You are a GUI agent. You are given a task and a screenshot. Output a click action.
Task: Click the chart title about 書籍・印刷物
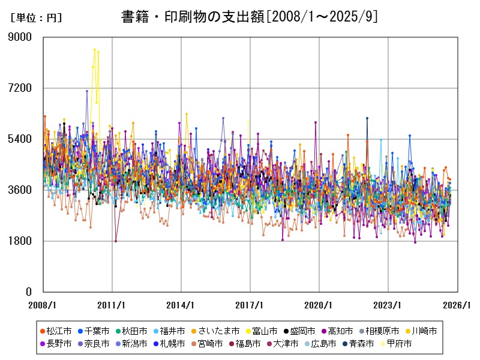click(x=249, y=17)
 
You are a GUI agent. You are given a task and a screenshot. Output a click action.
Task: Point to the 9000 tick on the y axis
click(x=20, y=37)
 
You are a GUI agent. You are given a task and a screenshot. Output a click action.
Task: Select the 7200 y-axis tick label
click(x=20, y=88)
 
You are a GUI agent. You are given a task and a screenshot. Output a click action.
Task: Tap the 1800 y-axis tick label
click(x=20, y=241)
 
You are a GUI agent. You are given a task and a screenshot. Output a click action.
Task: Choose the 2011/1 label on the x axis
click(x=112, y=305)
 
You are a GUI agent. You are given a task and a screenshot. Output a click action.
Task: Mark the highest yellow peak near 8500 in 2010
click(x=95, y=50)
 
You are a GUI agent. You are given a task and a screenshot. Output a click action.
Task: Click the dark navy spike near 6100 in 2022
click(x=367, y=118)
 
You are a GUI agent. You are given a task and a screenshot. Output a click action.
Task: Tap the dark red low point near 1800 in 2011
click(x=116, y=241)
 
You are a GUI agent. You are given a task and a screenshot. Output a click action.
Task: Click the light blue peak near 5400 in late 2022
click(x=381, y=140)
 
